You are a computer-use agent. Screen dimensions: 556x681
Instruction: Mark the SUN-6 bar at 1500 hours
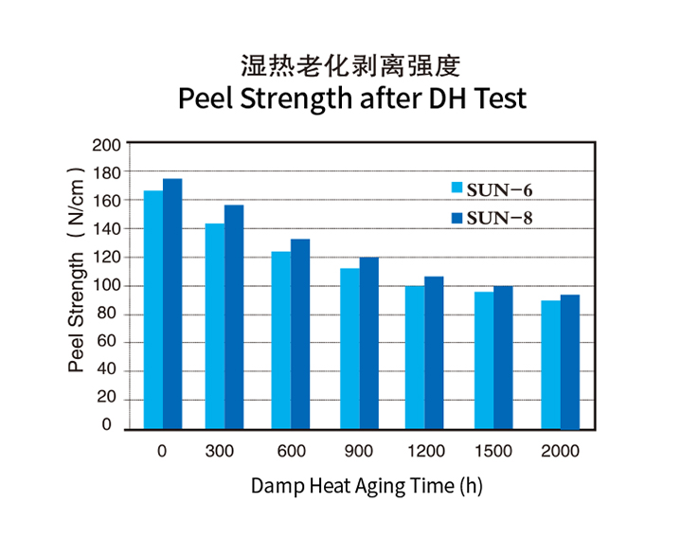(x=484, y=359)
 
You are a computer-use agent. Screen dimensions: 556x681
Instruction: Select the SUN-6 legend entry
(x=493, y=189)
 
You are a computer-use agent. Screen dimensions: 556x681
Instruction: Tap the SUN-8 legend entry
(x=493, y=218)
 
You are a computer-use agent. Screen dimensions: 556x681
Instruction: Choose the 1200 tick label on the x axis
(x=424, y=451)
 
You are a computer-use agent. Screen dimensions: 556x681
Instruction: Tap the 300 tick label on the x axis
(x=220, y=451)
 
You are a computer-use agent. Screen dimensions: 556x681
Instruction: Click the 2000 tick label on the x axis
(x=560, y=451)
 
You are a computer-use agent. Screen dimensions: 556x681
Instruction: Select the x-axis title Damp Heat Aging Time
(x=367, y=486)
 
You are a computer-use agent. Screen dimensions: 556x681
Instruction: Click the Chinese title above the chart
(x=350, y=65)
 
